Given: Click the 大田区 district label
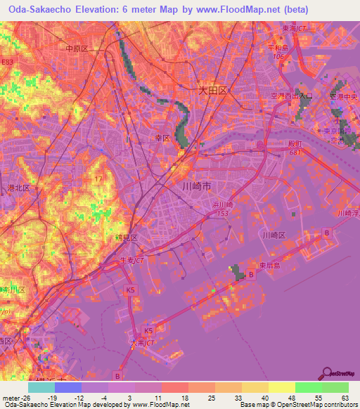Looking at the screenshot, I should [x=212, y=91].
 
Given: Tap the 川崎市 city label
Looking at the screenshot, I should [x=197, y=186].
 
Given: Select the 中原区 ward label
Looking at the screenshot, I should [x=76, y=48].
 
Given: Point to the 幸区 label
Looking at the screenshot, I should [x=162, y=139].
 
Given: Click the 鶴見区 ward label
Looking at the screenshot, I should [x=125, y=239].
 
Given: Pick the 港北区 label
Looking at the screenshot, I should [x=18, y=188].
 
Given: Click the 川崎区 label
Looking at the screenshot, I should [x=273, y=235].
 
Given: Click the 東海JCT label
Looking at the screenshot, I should [x=295, y=30].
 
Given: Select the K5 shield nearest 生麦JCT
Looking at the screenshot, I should [x=130, y=290].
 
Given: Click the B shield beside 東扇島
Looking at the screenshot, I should [x=252, y=275].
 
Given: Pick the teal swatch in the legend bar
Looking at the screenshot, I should [x=41, y=387].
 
